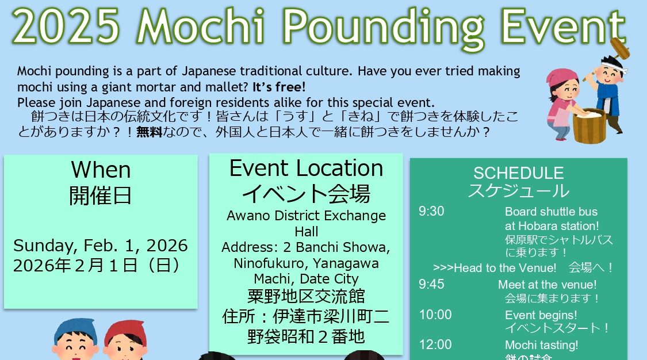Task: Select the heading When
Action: (101, 170)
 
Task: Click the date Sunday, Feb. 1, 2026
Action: (100, 246)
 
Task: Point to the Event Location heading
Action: (306, 168)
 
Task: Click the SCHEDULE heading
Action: (518, 173)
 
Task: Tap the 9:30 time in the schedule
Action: (431, 211)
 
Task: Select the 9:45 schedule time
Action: (431, 284)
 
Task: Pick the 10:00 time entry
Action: (435, 315)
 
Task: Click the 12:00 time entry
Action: (435, 344)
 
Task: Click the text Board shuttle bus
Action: (551, 212)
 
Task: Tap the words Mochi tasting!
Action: (541, 345)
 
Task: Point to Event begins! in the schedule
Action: (541, 316)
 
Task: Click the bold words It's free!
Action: (279, 87)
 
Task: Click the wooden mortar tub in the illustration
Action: (589, 126)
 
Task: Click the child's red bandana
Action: (125, 332)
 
